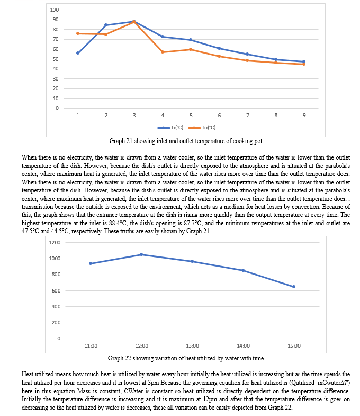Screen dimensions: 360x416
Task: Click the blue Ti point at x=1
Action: pyautogui.click(x=78, y=53)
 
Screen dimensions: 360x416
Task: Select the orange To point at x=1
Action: pyautogui.click(x=78, y=33)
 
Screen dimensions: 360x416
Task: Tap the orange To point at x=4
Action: pyautogui.click(x=163, y=52)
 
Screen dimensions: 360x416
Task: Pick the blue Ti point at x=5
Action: pyautogui.click(x=191, y=40)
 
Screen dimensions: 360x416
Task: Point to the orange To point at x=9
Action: pyautogui.click(x=304, y=64)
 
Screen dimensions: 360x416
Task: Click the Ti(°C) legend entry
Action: pyautogui.click(x=170, y=128)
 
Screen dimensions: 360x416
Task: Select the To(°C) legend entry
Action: pyautogui.click(x=202, y=128)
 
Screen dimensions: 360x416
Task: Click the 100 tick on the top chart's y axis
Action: pyautogui.click(x=55, y=10)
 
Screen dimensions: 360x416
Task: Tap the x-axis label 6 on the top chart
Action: pyautogui.click(x=219, y=116)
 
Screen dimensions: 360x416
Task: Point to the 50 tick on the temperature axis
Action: pyautogui.click(x=56, y=59)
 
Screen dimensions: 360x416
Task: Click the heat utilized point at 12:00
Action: pyautogui.click(x=141, y=254)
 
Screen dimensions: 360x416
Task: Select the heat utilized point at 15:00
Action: pyautogui.click(x=294, y=287)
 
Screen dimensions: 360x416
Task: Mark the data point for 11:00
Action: pyautogui.click(x=91, y=263)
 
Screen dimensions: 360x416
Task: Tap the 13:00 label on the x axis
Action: pyautogui.click(x=193, y=346)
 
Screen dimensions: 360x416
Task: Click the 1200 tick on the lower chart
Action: pyautogui.click(x=55, y=243)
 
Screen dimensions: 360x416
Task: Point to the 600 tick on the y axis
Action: pyautogui.click(x=56, y=291)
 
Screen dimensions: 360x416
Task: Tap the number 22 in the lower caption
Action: pyautogui.click(x=128, y=358)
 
